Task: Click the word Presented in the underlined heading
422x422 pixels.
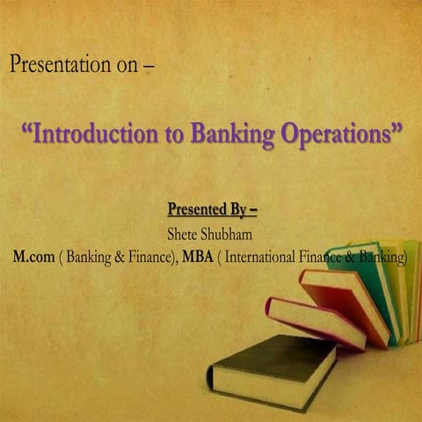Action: coord(196,210)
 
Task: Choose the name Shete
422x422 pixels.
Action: coord(184,235)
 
